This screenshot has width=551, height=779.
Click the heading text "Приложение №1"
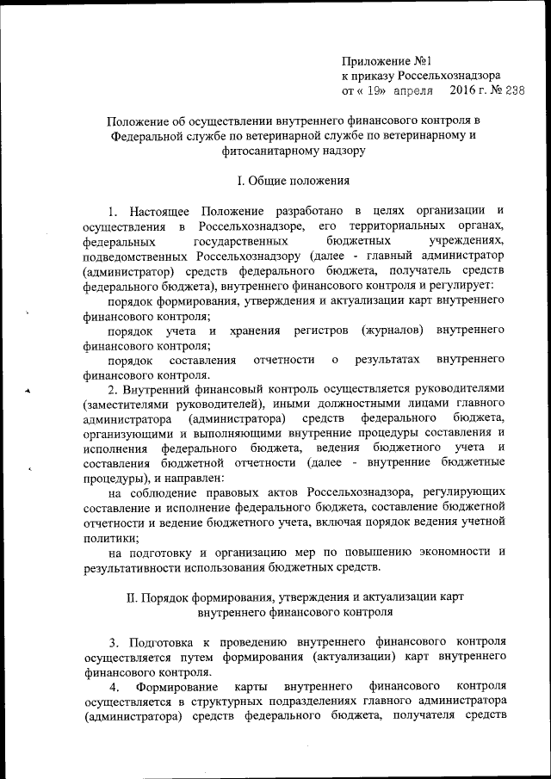tap(386, 61)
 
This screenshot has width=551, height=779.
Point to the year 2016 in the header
tap(462, 90)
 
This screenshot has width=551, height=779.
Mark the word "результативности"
tap(132, 566)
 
